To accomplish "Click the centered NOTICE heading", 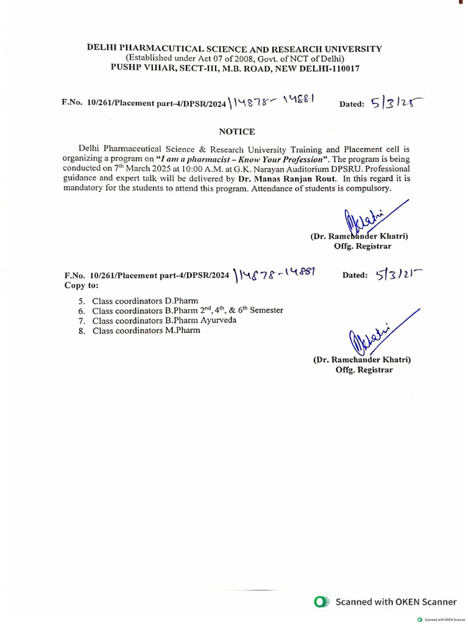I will (x=236, y=132).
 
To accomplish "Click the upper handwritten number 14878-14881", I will (x=272, y=104).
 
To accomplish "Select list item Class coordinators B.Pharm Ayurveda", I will (x=164, y=321).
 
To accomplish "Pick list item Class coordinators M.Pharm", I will (x=146, y=330).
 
